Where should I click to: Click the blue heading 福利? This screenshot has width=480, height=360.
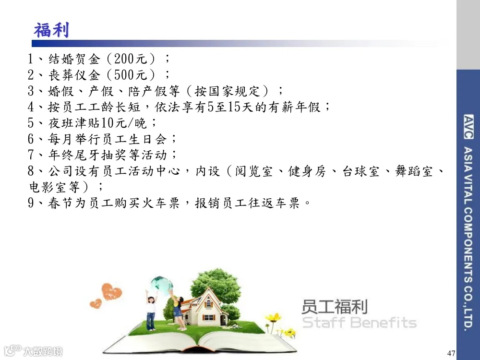[x=51, y=30]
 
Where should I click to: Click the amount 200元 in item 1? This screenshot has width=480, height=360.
[x=130, y=60]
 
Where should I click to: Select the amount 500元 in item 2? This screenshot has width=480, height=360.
[x=130, y=75]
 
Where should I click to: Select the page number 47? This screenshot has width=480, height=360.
[x=451, y=353]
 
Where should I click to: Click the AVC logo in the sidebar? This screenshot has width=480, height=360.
[x=468, y=120]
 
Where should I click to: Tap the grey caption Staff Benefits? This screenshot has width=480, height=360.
[x=359, y=322]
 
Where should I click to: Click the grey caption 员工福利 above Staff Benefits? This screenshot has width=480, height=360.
[x=334, y=306]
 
